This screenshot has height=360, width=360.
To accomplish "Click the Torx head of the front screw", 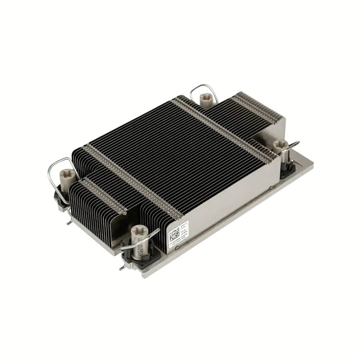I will point(140,230).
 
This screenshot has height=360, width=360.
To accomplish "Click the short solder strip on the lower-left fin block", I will point(100,196).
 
